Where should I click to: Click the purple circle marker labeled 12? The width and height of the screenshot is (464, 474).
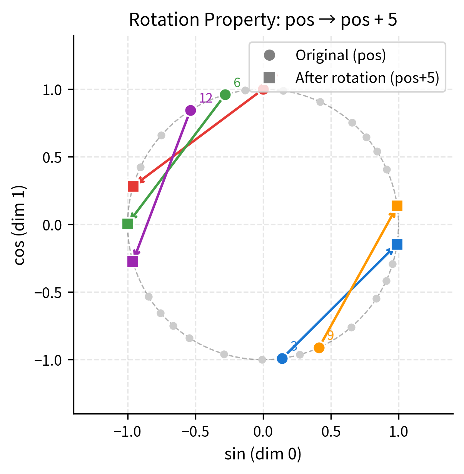coord(190,110)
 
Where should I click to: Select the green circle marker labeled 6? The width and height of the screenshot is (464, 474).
coord(225,94)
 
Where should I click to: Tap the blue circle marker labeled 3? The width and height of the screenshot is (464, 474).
coord(282,358)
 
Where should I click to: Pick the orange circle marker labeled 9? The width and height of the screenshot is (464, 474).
coord(319,348)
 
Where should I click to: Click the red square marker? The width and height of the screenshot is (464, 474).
coord(133,186)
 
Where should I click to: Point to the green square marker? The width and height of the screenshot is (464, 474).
coord(128,224)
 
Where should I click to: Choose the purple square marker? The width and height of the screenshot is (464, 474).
coord(133,262)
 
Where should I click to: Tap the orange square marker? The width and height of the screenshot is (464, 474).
coord(397,206)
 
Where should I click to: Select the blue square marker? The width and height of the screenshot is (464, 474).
coord(397,244)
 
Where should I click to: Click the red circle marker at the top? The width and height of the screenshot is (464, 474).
coord(263,89)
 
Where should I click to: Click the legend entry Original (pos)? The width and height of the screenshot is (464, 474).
coord(340,55)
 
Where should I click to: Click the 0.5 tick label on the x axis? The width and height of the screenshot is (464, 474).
coord(331,432)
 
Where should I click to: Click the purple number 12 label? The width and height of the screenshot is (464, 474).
coord(206,99)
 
